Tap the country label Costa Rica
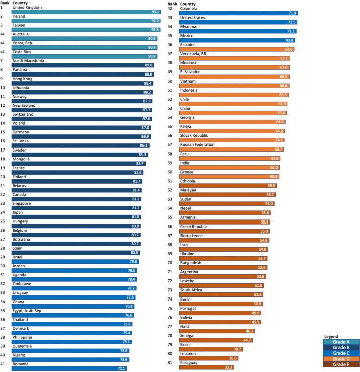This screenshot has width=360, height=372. [x=24, y=52]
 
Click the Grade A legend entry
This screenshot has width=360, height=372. [x=341, y=342]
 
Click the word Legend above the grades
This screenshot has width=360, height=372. [x=331, y=336]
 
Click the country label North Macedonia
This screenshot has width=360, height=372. [x=30, y=61]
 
